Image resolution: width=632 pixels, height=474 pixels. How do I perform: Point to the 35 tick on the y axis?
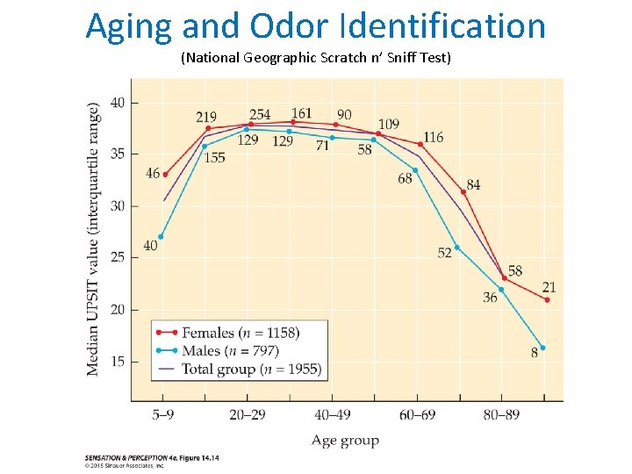tap(117, 154)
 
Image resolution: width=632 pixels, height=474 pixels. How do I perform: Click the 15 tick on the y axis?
tap(117, 362)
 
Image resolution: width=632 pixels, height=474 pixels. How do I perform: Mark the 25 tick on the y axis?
tap(117, 257)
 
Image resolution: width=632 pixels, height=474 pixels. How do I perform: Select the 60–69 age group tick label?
tap(419, 413)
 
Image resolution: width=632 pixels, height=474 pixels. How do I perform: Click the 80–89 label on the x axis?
tap(504, 413)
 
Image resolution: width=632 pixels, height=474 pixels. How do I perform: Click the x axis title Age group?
tap(345, 441)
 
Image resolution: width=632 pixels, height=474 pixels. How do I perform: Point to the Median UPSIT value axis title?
tap(93, 239)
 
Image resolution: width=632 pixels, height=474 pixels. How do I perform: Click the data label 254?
tap(260, 114)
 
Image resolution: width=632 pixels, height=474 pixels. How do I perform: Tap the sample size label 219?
tap(206, 117)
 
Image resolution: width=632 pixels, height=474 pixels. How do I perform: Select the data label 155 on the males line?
tap(214, 157)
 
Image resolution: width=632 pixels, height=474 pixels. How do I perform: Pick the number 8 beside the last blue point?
tap(534, 353)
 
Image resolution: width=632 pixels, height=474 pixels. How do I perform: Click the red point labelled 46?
tap(165, 175)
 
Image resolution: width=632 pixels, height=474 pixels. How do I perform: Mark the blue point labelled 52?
tap(456, 247)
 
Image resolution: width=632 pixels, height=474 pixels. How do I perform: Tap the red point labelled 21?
tap(547, 300)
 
